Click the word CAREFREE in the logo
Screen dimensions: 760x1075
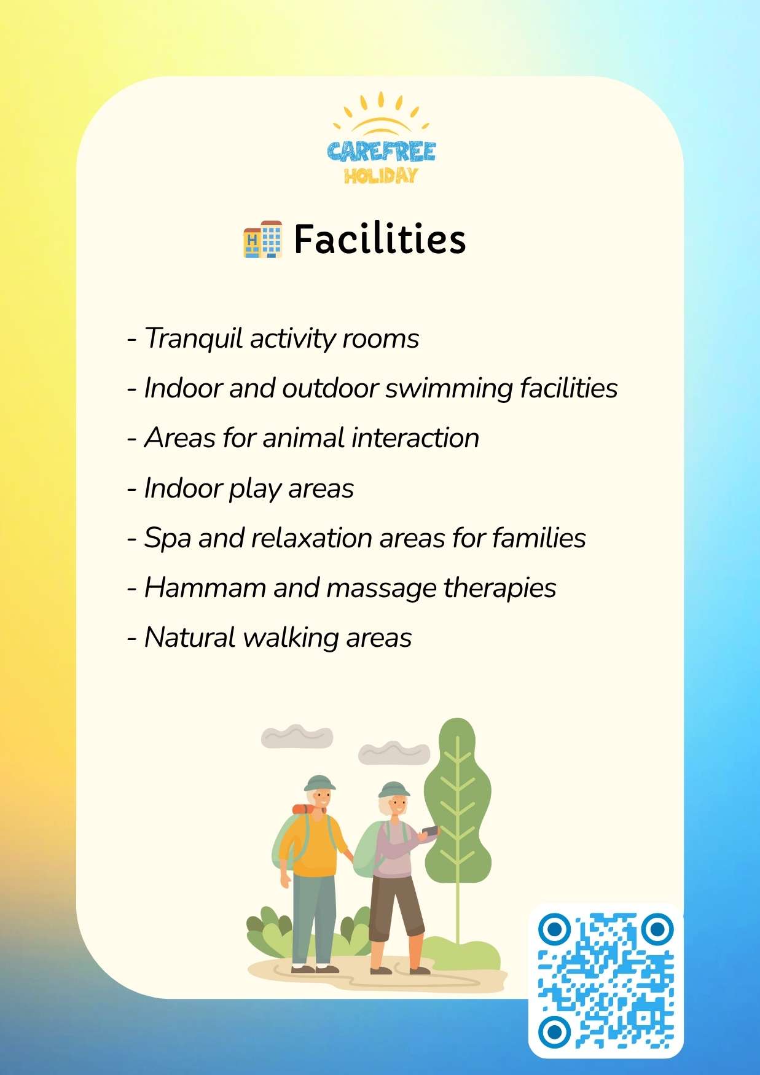pos(381,152)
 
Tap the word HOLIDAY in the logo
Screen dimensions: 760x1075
pos(381,176)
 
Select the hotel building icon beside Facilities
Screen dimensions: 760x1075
pos(263,239)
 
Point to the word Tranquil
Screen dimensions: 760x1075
pos(194,338)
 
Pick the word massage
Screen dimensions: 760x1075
pos(381,588)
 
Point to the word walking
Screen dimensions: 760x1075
pos(290,638)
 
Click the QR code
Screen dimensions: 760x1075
pos(606,980)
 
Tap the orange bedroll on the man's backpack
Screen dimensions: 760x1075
pos(303,809)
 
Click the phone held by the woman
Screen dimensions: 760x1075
pos(430,831)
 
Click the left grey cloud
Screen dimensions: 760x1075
pos(297,736)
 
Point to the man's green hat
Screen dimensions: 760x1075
pos(319,783)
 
